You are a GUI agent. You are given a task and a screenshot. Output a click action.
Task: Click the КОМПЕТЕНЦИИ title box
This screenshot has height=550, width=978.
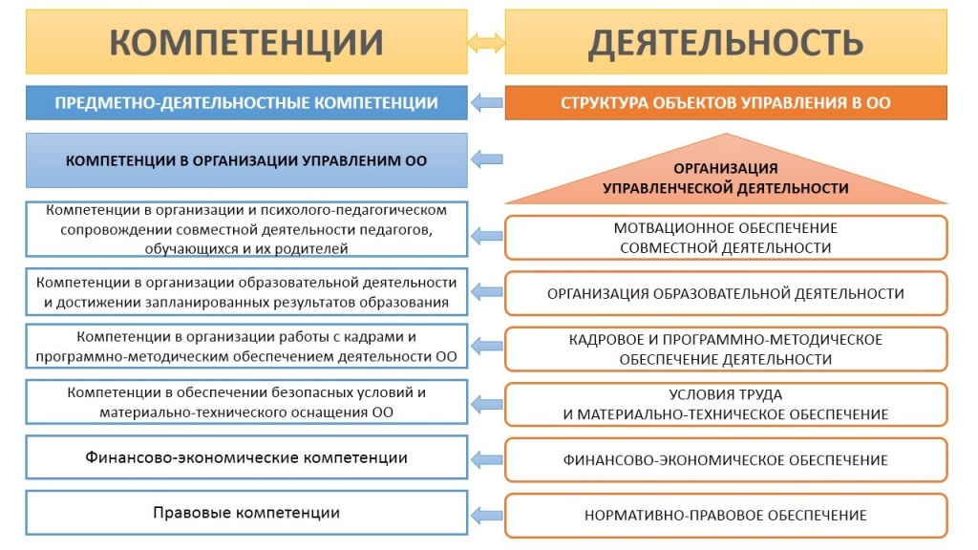pos(247,42)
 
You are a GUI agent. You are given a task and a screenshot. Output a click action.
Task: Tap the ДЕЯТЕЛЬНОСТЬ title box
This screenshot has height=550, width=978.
pos(726,42)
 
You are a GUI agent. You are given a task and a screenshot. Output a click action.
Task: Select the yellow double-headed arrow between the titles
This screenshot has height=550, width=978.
pos(486,42)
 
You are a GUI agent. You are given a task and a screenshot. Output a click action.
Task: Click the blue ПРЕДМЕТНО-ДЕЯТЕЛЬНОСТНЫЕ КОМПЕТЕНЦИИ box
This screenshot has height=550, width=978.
pos(246,103)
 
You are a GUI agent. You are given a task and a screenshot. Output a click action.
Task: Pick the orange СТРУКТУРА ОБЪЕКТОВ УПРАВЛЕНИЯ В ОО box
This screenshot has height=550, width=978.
pos(726,103)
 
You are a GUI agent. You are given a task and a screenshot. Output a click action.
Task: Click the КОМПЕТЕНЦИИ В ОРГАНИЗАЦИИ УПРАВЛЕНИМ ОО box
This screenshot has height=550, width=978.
pos(246,160)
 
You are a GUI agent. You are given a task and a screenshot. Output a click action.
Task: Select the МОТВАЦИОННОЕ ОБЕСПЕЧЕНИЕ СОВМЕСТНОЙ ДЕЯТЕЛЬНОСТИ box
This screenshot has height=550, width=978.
pos(726,238)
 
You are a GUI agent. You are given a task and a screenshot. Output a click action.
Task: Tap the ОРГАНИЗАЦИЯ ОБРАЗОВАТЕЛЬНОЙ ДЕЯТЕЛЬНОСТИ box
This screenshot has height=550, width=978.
pos(726,293)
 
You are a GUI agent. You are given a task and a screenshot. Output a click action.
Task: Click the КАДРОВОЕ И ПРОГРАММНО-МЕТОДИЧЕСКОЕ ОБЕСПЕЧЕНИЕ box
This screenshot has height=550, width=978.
pos(726,349)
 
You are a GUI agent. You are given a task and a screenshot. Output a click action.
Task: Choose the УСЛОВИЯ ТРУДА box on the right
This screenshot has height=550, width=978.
pos(726,405)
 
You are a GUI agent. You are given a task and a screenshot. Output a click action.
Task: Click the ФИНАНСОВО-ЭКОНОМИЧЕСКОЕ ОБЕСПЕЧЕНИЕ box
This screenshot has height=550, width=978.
pos(726,460)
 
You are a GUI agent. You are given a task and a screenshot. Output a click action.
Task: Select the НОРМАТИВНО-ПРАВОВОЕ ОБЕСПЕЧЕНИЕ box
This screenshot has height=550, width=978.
pos(726,516)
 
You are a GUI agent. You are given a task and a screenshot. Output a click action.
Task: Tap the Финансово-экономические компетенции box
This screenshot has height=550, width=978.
pos(246,457)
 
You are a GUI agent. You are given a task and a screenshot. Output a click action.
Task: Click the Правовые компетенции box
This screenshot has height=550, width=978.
pos(246,513)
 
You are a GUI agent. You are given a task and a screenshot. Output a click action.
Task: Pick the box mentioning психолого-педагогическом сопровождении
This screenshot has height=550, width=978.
pos(246,229)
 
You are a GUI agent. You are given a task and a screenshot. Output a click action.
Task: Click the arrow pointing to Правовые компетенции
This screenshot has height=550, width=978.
pos(487,514)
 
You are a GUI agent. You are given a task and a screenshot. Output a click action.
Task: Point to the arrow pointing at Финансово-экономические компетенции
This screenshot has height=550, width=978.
pos(487,458)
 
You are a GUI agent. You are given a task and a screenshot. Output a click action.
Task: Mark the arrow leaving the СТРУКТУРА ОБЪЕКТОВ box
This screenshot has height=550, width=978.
pos(487,103)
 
